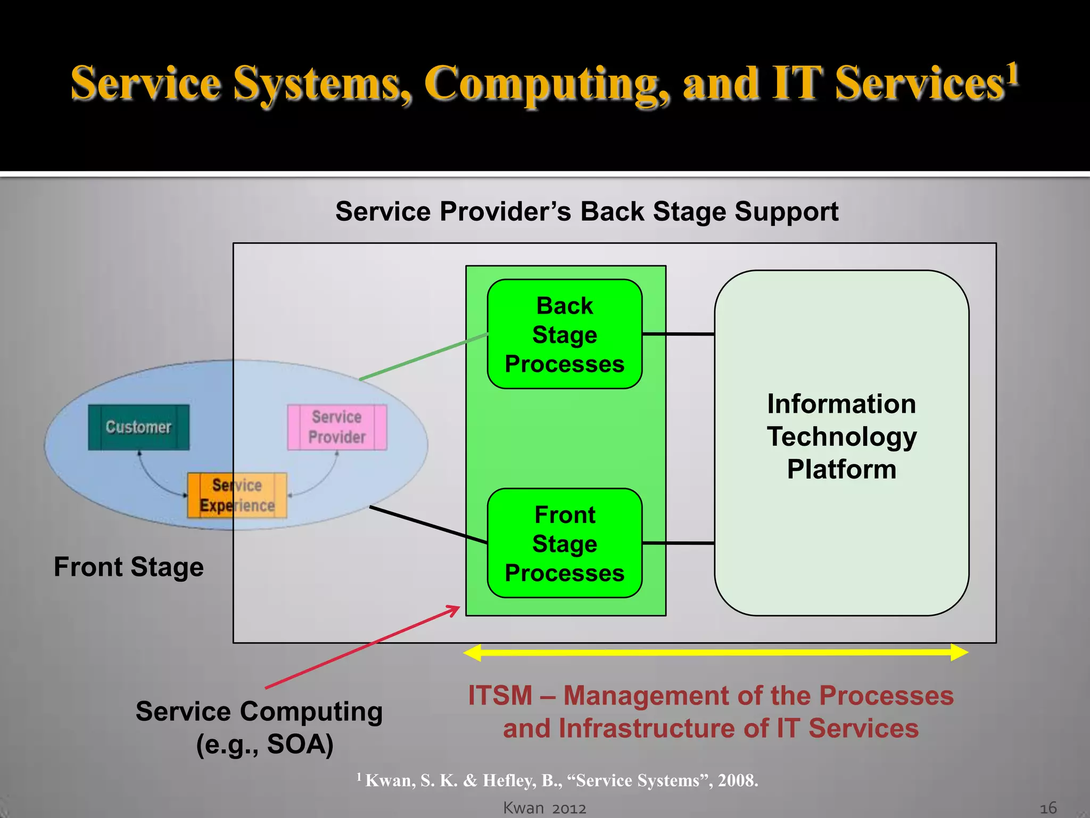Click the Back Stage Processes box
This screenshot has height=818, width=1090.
tap(564, 334)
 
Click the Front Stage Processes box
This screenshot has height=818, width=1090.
tap(564, 543)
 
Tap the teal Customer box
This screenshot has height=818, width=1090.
tap(138, 427)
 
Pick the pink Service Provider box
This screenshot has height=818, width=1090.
tap(337, 427)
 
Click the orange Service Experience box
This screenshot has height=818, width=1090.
tap(237, 495)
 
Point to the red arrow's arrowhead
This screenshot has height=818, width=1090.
tap(457, 608)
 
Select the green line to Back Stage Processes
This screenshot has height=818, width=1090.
tap(423, 357)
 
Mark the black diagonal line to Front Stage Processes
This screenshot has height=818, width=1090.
tap(428, 525)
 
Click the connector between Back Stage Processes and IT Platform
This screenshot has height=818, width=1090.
tap(678, 334)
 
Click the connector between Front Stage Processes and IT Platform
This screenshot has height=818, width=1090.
tap(678, 543)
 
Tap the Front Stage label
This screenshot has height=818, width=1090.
tap(129, 567)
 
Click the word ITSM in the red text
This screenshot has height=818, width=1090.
tap(500, 696)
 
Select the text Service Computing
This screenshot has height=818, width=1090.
tap(259, 712)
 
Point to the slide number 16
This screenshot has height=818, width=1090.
tap(1048, 808)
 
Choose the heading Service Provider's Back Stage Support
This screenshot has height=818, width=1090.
tap(587, 212)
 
